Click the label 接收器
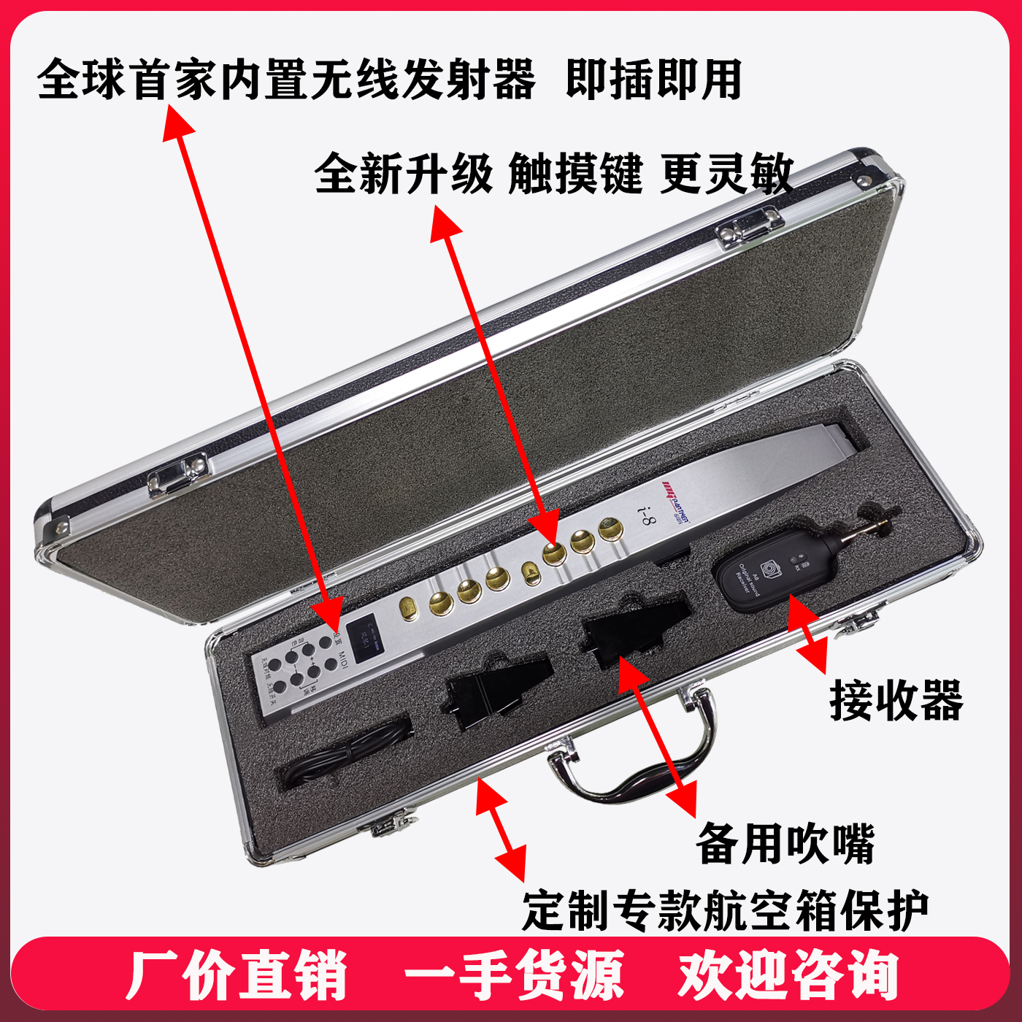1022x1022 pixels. tap(896, 701)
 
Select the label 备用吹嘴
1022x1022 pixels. tap(785, 844)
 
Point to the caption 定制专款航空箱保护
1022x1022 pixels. tap(725, 911)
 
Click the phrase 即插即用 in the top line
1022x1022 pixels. tap(654, 79)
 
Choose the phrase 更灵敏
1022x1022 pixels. tap(726, 174)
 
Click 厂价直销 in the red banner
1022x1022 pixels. tap(237, 975)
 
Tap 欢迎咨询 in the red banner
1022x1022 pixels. tap(788, 975)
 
